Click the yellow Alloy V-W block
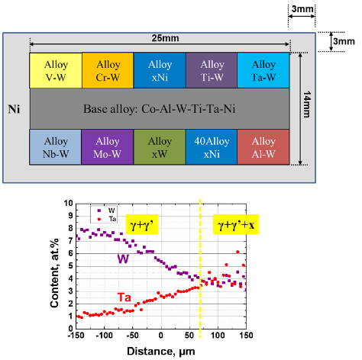[56, 70]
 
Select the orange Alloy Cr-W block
[108, 70]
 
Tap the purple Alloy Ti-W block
[212, 70]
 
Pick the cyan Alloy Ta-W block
[263, 70]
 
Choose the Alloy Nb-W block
[56, 147]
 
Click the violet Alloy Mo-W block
[108, 147]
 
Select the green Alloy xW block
[160, 147]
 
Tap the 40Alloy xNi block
[212, 147]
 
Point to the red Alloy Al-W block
[263, 147]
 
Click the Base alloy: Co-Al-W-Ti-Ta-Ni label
[160, 109]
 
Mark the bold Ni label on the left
[14, 109]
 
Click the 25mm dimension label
[165, 38]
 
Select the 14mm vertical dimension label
[307, 104]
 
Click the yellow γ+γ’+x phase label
[236, 224]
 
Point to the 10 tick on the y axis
[68, 203]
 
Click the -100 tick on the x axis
[104, 336]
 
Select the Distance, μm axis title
[161, 351]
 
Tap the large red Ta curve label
[124, 297]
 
